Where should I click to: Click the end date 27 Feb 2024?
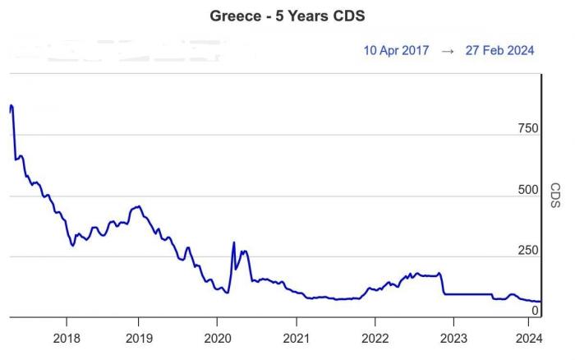[x=499, y=50]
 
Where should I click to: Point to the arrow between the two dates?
[x=448, y=50]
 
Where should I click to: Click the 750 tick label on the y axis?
[x=528, y=128]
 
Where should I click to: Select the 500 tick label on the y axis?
[x=528, y=190]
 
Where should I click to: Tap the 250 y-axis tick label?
[x=528, y=251]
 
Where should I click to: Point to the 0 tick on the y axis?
[x=535, y=310]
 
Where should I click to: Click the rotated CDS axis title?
[x=555, y=196]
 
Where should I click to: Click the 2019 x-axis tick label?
[x=139, y=337]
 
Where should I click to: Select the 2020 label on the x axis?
[x=217, y=337]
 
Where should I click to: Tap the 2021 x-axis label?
[x=296, y=337]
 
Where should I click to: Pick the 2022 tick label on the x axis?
[x=375, y=337]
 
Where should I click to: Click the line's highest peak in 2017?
[x=11, y=105]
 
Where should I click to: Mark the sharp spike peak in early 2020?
[x=234, y=242]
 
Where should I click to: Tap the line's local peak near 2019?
[x=140, y=206]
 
